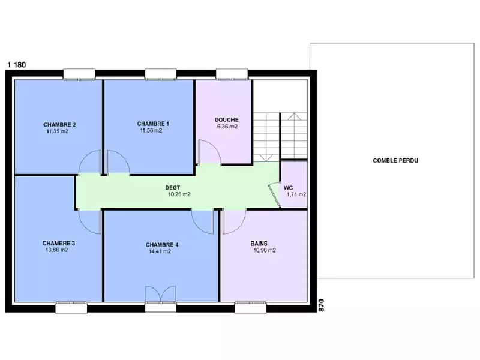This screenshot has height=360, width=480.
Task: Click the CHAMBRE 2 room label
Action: (x=59, y=125)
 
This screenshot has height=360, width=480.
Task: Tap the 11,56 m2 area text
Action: (x=151, y=130)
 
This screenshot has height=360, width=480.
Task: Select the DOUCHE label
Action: (x=227, y=119)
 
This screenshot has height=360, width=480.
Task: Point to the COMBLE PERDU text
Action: (x=395, y=160)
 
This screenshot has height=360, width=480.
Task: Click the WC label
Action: (x=289, y=188)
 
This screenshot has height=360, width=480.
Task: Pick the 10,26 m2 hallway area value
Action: (x=179, y=194)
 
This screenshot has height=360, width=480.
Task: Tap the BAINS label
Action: (x=259, y=244)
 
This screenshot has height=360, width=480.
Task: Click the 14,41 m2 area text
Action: (x=160, y=251)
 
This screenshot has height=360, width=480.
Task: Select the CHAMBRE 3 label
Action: (x=58, y=243)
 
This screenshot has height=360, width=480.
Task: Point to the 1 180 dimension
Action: (x=17, y=65)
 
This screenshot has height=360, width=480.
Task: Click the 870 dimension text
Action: (x=321, y=305)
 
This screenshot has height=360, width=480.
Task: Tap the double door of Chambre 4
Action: (x=161, y=294)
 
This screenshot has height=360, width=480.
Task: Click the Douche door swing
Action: (x=209, y=152)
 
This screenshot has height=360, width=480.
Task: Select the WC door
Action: (x=274, y=194)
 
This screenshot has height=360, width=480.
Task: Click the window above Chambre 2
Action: (x=79, y=74)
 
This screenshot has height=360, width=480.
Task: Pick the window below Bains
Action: (x=250, y=308)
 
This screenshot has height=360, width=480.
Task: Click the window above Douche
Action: (x=232, y=74)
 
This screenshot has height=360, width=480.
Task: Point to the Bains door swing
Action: (x=234, y=222)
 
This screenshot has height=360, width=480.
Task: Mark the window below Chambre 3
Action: (x=71, y=308)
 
